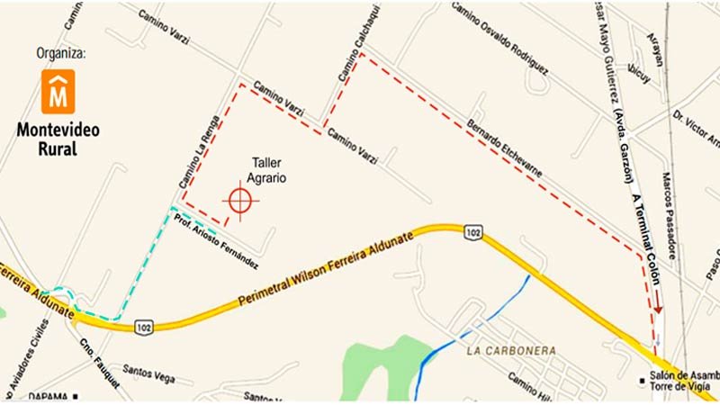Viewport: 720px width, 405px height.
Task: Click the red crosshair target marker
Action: point(239,202)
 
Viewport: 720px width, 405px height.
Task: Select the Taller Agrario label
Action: point(268,171)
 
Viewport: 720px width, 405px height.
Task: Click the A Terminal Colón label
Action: point(641,225)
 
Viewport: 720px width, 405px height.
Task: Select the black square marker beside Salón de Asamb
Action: point(642,378)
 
